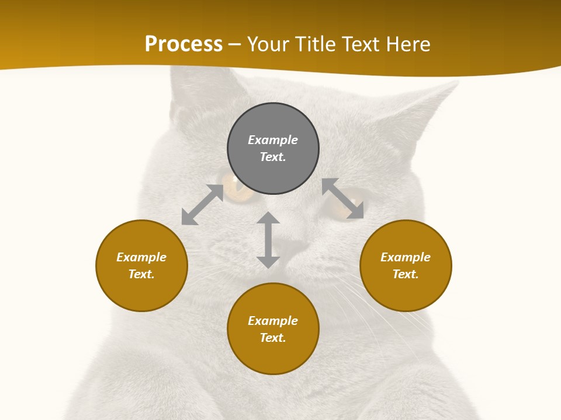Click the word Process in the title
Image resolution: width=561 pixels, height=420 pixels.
click(183, 44)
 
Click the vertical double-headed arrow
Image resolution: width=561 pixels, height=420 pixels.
click(268, 240)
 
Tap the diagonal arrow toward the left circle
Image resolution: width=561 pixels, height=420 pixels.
click(202, 205)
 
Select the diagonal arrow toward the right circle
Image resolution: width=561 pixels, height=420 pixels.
click(342, 198)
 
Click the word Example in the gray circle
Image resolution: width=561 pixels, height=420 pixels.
click(273, 140)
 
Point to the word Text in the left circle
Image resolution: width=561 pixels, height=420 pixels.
click(141, 274)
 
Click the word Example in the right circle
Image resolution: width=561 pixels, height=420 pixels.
click(406, 257)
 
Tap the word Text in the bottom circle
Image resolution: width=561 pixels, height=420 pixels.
click(273, 338)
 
